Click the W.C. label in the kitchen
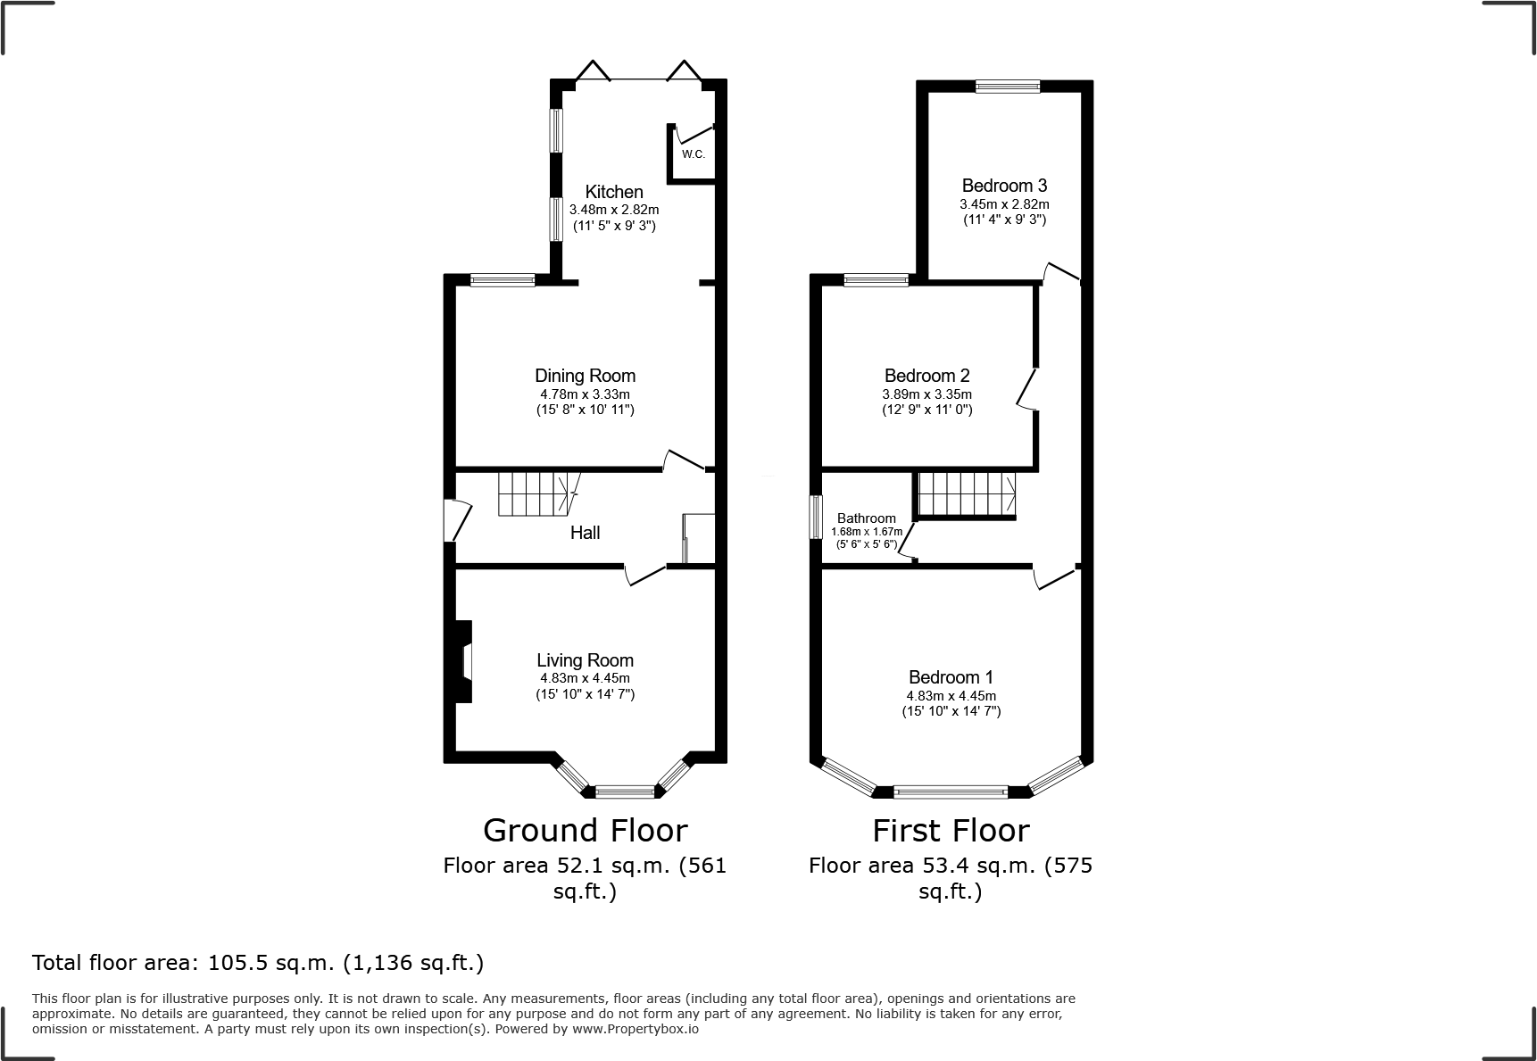pyautogui.click(x=694, y=154)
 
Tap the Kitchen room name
pyautogui.click(x=614, y=192)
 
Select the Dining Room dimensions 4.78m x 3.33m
pyautogui.click(x=585, y=394)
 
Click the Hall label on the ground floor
pyautogui.click(x=585, y=533)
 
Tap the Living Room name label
pyautogui.click(x=585, y=660)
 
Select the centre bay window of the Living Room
pyautogui.click(x=625, y=791)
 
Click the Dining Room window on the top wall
pyautogui.click(x=503, y=281)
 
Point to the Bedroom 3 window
pyautogui.click(x=1007, y=87)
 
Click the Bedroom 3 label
pyautogui.click(x=1004, y=186)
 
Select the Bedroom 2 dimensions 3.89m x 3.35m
pyautogui.click(x=927, y=394)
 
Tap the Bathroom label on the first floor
pyautogui.click(x=866, y=518)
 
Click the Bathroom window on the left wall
pyautogui.click(x=815, y=518)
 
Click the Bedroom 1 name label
pyautogui.click(x=951, y=677)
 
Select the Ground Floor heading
pyautogui.click(x=585, y=831)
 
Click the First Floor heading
pyautogui.click(x=951, y=831)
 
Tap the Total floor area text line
pyautogui.click(x=258, y=963)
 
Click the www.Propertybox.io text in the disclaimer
pyautogui.click(x=635, y=1029)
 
